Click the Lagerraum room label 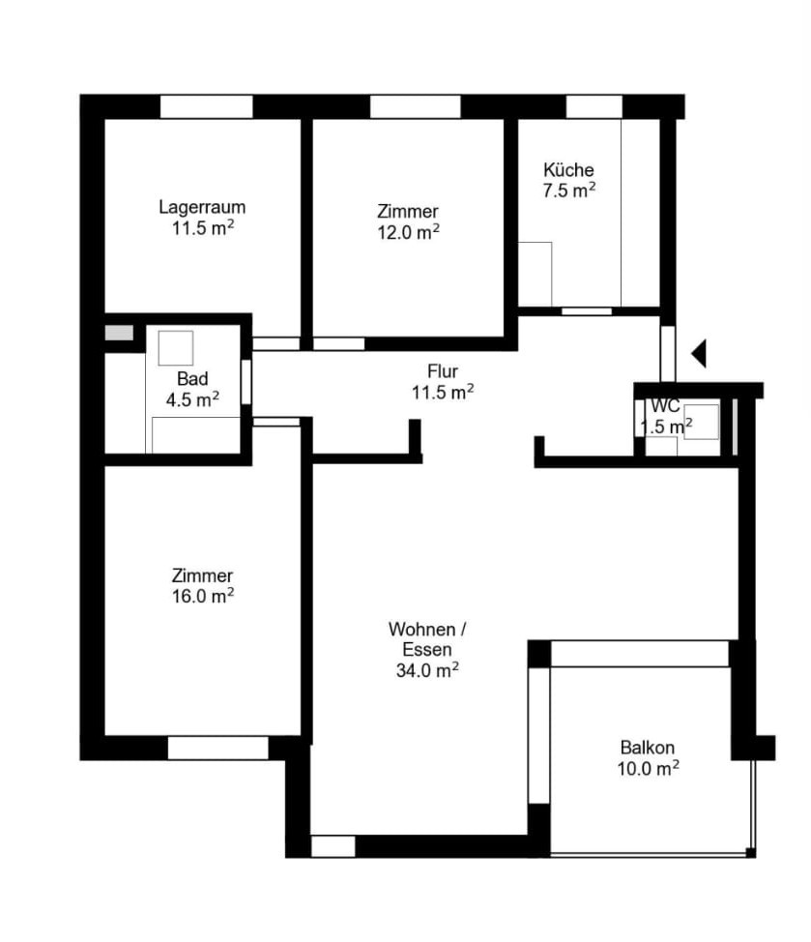coord(202,207)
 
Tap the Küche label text coord(568,169)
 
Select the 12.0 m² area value coord(408,231)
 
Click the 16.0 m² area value coord(203,596)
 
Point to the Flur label coord(443,371)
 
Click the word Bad coord(192,378)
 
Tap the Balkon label coord(648,748)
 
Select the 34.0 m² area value coord(427,670)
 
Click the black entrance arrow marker coord(699,353)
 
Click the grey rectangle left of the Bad coord(119,333)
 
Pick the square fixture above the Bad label coord(176,348)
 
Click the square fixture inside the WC coord(701,422)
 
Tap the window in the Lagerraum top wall coord(207,107)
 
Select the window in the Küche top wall coord(594,107)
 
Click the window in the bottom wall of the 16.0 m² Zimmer coord(217,748)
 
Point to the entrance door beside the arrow coord(668,354)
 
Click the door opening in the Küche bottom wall coord(587,311)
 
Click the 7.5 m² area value coord(569,191)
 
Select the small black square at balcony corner coord(750,852)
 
